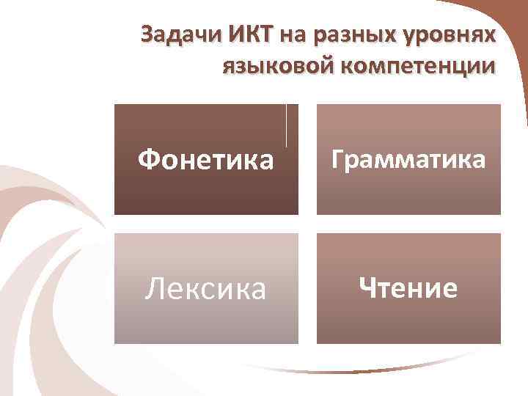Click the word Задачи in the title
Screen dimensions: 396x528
[172, 36]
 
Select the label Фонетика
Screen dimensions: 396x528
[206, 159]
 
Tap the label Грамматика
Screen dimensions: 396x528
[408, 159]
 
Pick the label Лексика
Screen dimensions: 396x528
[206, 288]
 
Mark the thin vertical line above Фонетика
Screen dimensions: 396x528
[286, 125]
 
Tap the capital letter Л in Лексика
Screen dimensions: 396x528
[155, 288]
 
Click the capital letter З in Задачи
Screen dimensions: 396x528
[147, 36]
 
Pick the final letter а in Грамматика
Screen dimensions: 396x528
[477, 161]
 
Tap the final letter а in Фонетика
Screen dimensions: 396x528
[265, 161]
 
